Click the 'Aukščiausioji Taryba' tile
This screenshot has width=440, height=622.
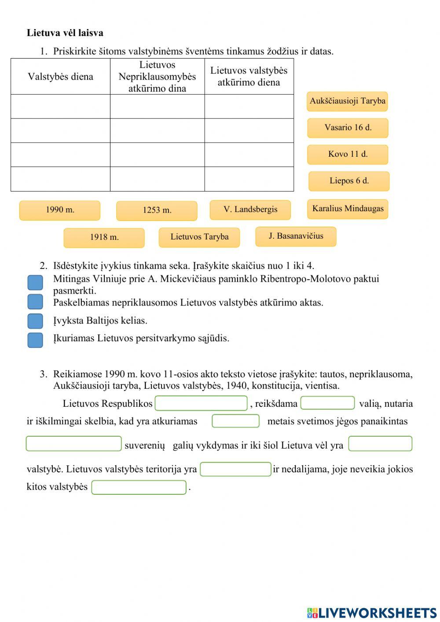pyautogui.click(x=347, y=101)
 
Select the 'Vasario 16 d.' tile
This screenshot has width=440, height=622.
pyautogui.click(x=348, y=128)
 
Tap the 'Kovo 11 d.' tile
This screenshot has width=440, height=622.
pyautogui.click(x=348, y=155)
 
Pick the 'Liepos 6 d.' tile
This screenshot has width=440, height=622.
pyautogui.click(x=349, y=181)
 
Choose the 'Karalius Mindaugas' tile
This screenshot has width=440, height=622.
pyautogui.click(x=348, y=209)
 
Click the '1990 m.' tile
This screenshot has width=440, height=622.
pyautogui.click(x=60, y=210)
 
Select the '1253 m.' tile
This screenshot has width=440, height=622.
pyautogui.click(x=157, y=210)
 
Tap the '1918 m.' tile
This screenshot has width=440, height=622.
pyautogui.click(x=104, y=237)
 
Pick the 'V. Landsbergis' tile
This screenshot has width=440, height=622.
pyautogui.click(x=250, y=210)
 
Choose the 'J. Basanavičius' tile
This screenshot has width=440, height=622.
pyautogui.click(x=296, y=236)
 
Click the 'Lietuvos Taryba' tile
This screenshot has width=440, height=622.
pyautogui.click(x=199, y=237)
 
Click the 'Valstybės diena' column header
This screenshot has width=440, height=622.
pyautogui.click(x=60, y=77)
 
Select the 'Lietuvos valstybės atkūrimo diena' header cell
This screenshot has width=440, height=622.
pyautogui.click(x=249, y=77)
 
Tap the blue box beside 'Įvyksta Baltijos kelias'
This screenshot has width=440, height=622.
pyautogui.click(x=35, y=321)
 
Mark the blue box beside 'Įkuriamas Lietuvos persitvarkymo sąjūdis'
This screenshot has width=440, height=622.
pyautogui.click(x=35, y=340)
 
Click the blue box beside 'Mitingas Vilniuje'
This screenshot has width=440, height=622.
pyautogui.click(x=35, y=283)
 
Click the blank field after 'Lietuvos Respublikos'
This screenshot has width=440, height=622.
pyautogui.click(x=201, y=403)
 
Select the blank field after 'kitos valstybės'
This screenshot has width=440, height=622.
pyautogui.click(x=139, y=487)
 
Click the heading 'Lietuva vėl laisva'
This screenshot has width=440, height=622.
pyautogui.click(x=65, y=33)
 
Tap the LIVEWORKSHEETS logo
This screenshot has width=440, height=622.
pyautogui.click(x=372, y=613)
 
